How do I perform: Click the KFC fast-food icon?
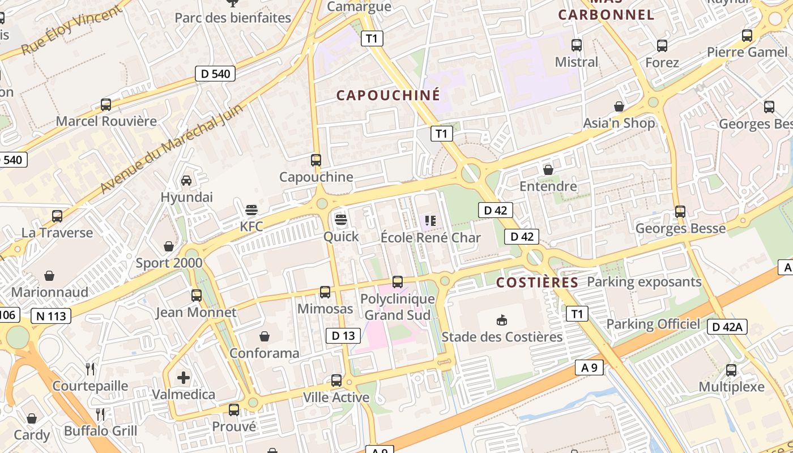251,211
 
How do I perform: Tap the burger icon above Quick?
340,220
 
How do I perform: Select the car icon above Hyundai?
186,181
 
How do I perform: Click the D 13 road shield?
343,336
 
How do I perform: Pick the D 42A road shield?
727,327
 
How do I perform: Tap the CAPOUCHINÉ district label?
388,95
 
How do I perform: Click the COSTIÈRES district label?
537,283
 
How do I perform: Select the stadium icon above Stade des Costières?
501,320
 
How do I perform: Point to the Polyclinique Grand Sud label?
398,306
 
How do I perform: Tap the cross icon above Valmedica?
184,378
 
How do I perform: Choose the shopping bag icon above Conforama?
264,337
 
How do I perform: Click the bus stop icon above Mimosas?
325,292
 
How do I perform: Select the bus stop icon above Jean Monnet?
196,296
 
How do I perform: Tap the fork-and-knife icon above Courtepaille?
90,370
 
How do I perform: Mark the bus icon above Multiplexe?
731,371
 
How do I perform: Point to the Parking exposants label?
644,281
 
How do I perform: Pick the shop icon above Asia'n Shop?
619,106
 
